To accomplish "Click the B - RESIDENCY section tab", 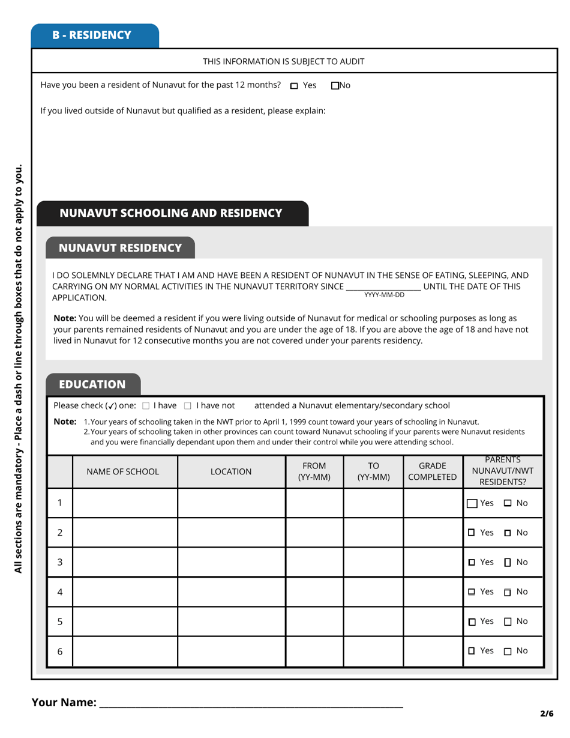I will pos(95,35).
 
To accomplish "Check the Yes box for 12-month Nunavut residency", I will pos(294,86).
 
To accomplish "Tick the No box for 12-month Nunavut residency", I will pos(335,86).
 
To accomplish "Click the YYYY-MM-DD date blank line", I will pos(383,287).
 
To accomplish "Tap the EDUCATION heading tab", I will pos(92,384).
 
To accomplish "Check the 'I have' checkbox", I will pos(146,406).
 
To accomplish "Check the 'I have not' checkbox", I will pos(188,406).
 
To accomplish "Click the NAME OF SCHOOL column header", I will pos(123,472).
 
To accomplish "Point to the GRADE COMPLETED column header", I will pos(432,472).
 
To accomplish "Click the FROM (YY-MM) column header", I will pos(314,472).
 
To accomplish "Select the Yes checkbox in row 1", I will pos(473,503).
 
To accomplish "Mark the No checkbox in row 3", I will pos(508,563).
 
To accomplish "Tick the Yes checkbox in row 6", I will pos(472,651).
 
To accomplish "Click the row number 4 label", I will pos(60,592).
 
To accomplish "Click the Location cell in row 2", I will pos(231,533).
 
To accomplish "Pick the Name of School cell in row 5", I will pos(125,622).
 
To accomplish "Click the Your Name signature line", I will pos(251,703).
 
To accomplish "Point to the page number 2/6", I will pos(546,714).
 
